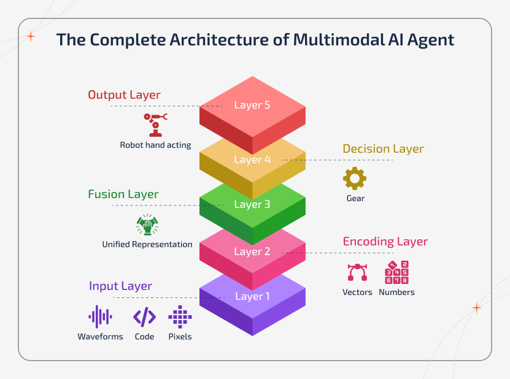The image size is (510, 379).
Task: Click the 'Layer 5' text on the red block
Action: tap(252, 105)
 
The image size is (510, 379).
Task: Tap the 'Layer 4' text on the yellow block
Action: tap(252, 159)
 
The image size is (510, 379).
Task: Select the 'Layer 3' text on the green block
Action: tap(252, 204)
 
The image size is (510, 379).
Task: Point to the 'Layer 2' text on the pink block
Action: tap(252, 251)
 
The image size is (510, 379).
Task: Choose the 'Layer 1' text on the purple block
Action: tap(252, 296)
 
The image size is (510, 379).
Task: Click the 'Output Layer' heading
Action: tap(124, 95)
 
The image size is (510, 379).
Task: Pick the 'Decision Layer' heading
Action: tap(383, 149)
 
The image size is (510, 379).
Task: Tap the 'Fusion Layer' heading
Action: tap(123, 194)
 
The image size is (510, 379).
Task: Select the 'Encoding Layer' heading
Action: tap(385, 242)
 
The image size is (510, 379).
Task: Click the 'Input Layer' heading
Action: tap(120, 286)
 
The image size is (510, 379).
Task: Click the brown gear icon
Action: tap(354, 178)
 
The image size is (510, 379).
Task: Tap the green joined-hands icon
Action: tap(147, 225)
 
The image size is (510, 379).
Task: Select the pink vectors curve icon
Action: tap(357, 272)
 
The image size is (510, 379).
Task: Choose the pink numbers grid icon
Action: tap(396, 272)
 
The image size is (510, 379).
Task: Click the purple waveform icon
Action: tap(100, 316)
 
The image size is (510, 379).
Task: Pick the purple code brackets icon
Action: tap(144, 316)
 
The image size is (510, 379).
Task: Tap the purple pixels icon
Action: tap(180, 316)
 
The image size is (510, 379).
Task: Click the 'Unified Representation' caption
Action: tap(147, 245)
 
